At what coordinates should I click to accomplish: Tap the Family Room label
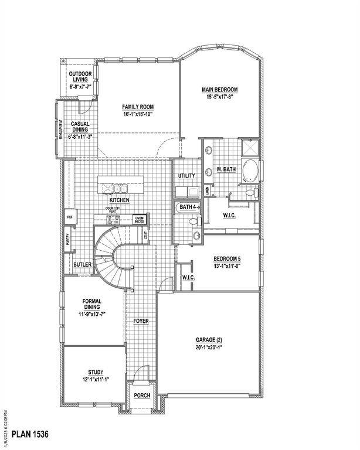coord(138,107)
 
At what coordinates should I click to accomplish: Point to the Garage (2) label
coord(209,339)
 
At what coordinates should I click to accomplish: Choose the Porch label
coord(142,396)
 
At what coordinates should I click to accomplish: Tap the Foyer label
coord(141,321)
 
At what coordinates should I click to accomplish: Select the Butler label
coord(83,265)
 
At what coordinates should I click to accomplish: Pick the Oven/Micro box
coord(140,220)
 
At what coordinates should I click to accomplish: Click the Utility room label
coord(186,176)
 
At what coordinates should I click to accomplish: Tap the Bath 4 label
coord(188,207)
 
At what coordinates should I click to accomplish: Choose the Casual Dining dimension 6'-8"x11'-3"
coord(81,137)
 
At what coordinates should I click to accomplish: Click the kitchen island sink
coord(121,189)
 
